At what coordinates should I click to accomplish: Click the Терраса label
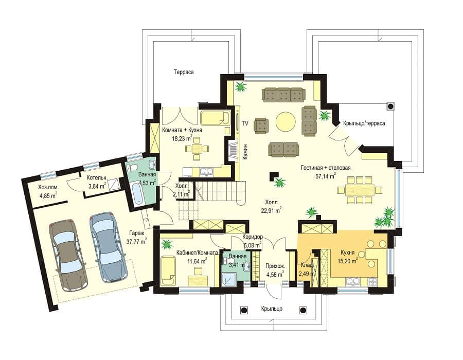[183, 72]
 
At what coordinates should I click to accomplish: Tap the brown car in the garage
[68, 255]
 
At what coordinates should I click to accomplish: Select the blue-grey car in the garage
[108, 247]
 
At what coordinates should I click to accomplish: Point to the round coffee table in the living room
[286, 121]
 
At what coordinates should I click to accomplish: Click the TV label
[245, 123]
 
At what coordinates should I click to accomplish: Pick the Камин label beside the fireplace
[245, 152]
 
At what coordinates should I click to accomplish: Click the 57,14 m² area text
[326, 176]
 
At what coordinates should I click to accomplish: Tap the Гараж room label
[136, 233]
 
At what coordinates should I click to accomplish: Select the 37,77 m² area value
[136, 241]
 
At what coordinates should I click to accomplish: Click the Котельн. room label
[97, 178]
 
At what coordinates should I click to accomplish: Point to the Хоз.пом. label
[48, 187]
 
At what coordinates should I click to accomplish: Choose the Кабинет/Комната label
[197, 253]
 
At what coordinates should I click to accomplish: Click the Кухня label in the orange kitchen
[348, 253]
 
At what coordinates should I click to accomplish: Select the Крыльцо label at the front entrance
[272, 309]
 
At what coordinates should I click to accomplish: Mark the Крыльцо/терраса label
[364, 123]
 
